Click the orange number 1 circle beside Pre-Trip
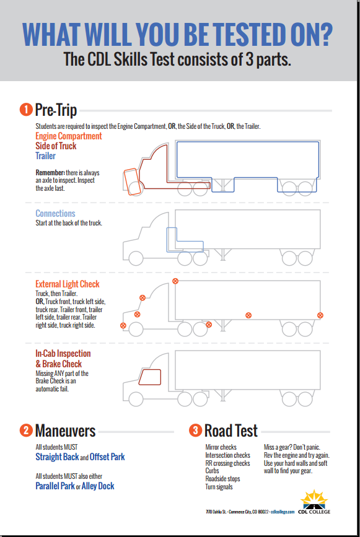[26, 110]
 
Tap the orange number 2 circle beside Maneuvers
[26, 430]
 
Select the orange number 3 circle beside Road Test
[195, 430]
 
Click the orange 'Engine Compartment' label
[68, 136]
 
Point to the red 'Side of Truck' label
[56, 146]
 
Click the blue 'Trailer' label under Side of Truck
[45, 156]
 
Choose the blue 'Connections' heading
[55, 214]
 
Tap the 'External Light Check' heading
[68, 284]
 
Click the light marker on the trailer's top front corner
[175, 281]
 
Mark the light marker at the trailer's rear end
[320, 315]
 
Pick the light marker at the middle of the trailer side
[248, 315]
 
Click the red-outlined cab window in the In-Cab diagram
[149, 377]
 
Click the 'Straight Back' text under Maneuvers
[57, 457]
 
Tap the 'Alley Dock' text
[98, 486]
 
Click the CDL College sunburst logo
[315, 498]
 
